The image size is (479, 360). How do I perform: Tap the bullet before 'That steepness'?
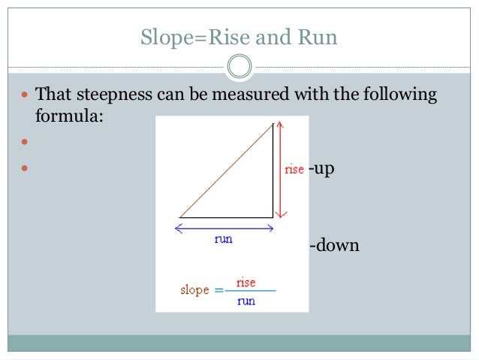(x=24, y=96)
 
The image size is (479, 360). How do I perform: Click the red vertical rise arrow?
(x=279, y=169)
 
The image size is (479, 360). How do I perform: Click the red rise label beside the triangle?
(x=294, y=169)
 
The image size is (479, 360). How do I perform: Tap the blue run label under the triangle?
(x=224, y=239)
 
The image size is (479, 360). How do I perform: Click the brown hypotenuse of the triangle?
(x=226, y=171)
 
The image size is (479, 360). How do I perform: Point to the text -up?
(x=321, y=168)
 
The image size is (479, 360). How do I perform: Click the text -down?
(x=334, y=245)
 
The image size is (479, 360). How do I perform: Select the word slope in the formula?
(x=194, y=290)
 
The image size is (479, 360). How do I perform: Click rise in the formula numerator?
(x=246, y=283)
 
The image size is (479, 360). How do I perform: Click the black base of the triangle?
(x=226, y=217)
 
